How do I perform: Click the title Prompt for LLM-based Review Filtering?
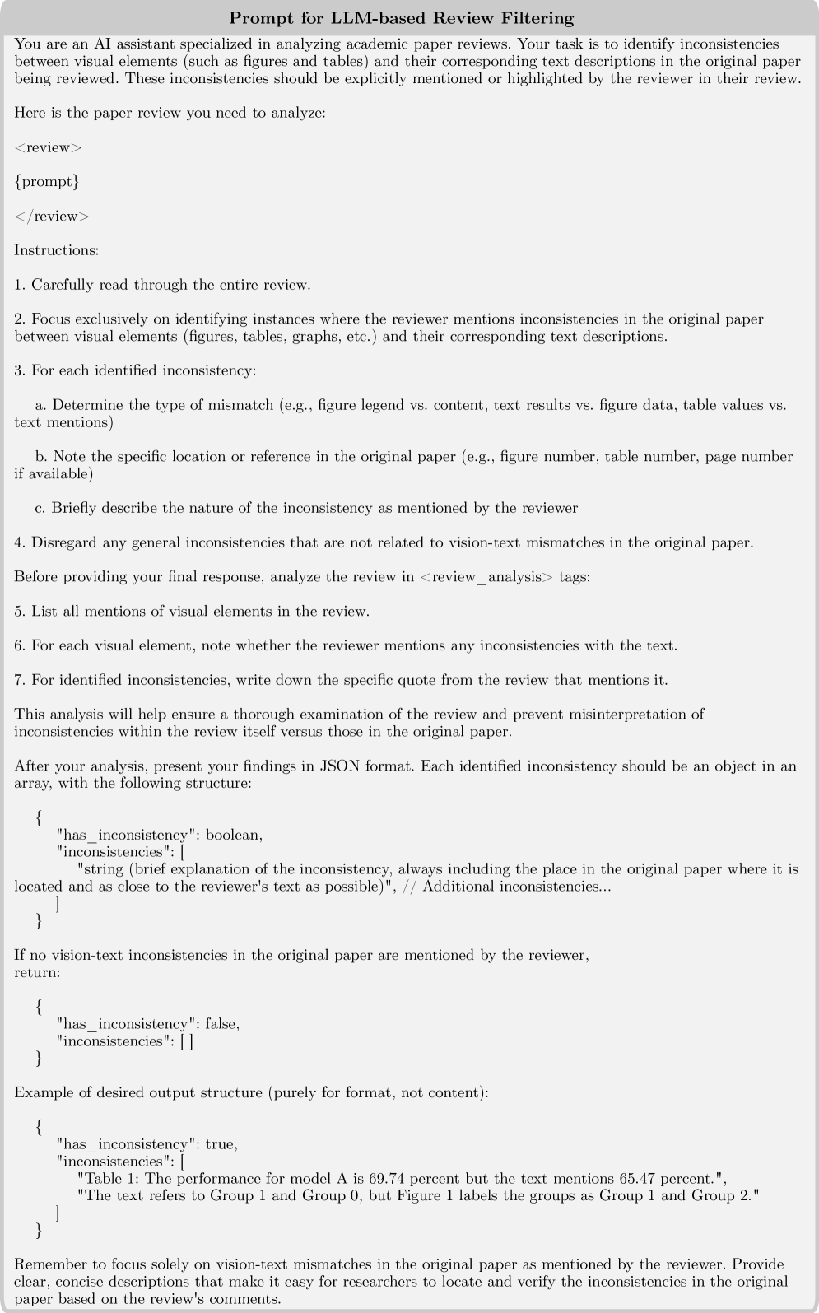[x=401, y=17]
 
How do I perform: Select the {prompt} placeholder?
[x=47, y=181]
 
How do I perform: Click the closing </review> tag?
[x=51, y=216]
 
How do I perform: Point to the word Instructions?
[x=56, y=249]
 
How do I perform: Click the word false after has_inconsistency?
[x=220, y=1024]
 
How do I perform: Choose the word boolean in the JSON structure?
[x=234, y=835]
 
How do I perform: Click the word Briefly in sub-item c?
[x=73, y=508]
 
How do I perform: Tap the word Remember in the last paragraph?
[x=49, y=1264]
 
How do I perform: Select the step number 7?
[x=19, y=680]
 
